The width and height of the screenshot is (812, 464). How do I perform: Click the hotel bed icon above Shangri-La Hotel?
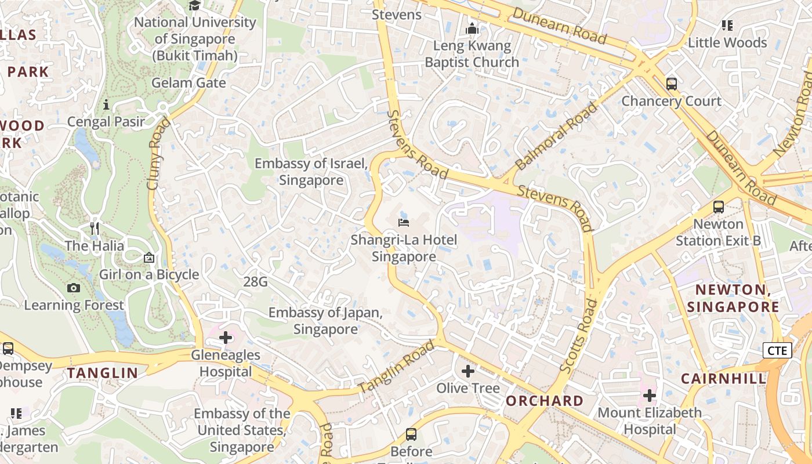tap(404, 222)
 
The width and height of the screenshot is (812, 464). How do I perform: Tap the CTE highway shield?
tap(777, 350)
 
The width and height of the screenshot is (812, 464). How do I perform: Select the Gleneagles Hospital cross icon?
tap(226, 338)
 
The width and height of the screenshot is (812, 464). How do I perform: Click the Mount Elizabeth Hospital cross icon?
tap(650, 396)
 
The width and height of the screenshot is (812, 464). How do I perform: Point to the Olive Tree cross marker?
tap(468, 371)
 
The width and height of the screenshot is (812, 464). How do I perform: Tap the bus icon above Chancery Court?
tap(672, 84)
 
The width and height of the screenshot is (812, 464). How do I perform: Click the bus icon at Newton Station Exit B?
tap(719, 206)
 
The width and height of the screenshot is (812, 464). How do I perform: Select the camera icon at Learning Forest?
tap(74, 288)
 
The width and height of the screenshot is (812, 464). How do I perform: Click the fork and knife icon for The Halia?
tap(95, 229)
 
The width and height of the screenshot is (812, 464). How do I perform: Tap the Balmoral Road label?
tap(556, 136)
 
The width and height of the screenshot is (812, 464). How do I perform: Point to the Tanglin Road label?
tap(396, 367)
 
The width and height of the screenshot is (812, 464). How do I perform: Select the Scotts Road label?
tap(578, 336)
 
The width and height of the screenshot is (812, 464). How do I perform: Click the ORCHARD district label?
tap(545, 401)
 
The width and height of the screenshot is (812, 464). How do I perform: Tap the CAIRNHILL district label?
tap(723, 379)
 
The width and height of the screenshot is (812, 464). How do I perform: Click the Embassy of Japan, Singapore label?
tap(325, 321)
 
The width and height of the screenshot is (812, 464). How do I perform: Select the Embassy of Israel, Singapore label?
tap(311, 172)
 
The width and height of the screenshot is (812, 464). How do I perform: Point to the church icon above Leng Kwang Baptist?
tap(472, 28)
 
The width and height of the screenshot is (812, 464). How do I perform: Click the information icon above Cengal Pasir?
tap(106, 105)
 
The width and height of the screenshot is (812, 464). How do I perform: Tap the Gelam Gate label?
tap(188, 83)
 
